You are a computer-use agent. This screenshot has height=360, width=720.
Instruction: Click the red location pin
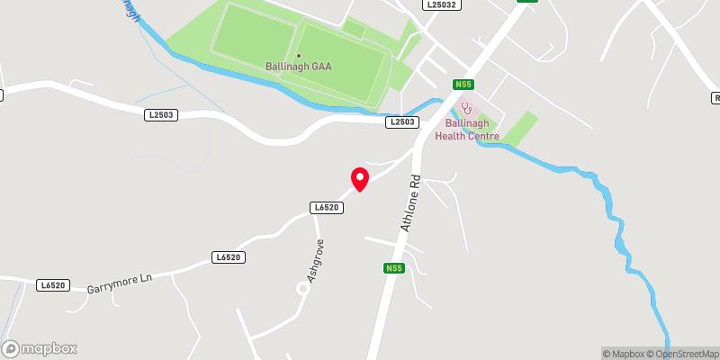tap(359, 178)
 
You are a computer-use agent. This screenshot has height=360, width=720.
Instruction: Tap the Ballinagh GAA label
tap(298, 66)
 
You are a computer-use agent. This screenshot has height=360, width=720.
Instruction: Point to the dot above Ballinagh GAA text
tap(299, 56)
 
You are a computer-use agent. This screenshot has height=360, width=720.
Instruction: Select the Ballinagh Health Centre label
tap(466, 130)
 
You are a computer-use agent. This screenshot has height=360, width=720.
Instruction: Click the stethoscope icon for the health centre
tap(465, 107)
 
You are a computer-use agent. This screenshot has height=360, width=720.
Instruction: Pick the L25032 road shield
tap(442, 5)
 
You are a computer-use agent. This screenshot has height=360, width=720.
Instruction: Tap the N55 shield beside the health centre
tap(463, 85)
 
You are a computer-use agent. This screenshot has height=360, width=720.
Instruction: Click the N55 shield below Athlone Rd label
tap(393, 268)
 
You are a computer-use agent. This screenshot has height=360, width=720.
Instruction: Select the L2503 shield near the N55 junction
tap(401, 121)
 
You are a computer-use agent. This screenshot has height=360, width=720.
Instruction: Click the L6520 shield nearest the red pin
tap(326, 207)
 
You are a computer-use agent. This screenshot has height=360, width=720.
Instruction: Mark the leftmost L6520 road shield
tap(53, 285)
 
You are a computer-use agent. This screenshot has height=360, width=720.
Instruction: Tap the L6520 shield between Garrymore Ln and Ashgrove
tap(229, 257)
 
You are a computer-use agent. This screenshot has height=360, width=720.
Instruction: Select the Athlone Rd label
tap(410, 202)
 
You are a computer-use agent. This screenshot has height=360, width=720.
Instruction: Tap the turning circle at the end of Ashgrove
tap(303, 288)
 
